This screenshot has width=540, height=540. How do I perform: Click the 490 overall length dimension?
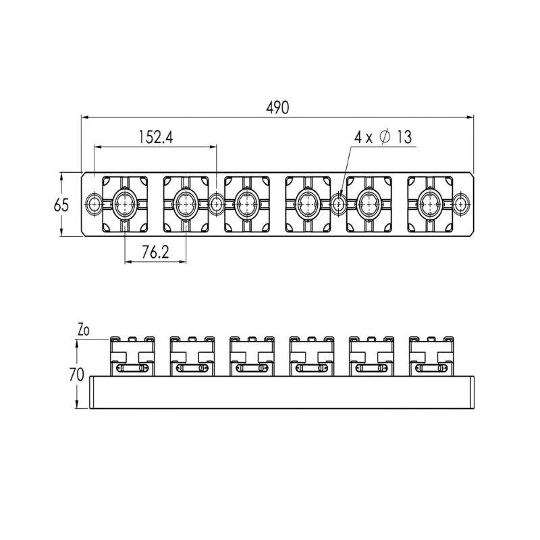click(277, 108)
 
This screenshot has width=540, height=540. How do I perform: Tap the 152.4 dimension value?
click(156, 137)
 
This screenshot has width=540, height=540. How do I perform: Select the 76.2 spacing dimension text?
click(155, 252)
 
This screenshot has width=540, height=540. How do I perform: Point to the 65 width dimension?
click(61, 205)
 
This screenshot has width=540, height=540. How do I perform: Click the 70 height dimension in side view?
click(76, 375)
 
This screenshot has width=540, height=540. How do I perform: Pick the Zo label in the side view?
click(83, 330)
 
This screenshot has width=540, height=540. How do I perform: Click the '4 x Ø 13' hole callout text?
click(383, 137)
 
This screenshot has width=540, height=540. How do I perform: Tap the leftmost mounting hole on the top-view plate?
click(94, 205)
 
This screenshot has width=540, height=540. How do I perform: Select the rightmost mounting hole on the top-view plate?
click(461, 205)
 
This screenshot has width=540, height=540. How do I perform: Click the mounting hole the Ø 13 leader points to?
click(339, 205)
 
